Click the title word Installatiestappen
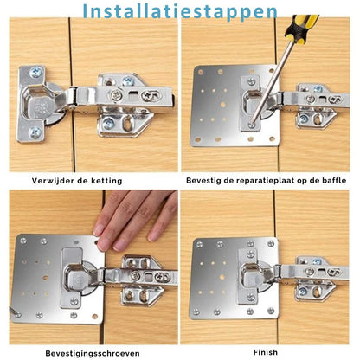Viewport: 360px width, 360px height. (180, 11)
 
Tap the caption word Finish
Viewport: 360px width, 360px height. (266, 353)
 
